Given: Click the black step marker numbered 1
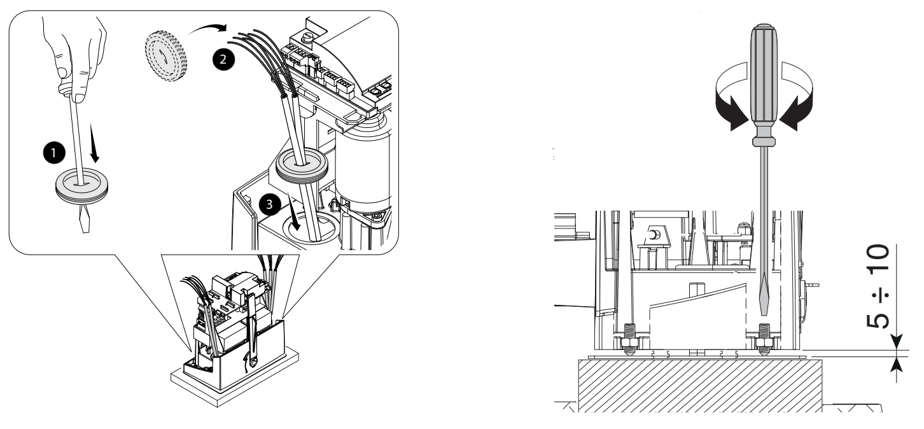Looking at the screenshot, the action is pos(54,153).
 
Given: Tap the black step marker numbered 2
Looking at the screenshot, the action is pos(223,59).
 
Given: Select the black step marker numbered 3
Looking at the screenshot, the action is pos(270,204).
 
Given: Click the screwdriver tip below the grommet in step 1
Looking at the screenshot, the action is pos(85,218).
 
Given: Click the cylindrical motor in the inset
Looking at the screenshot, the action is pos(363,165).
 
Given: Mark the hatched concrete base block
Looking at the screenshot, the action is pos(700,385).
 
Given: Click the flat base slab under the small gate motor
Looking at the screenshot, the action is pos(235,377).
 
